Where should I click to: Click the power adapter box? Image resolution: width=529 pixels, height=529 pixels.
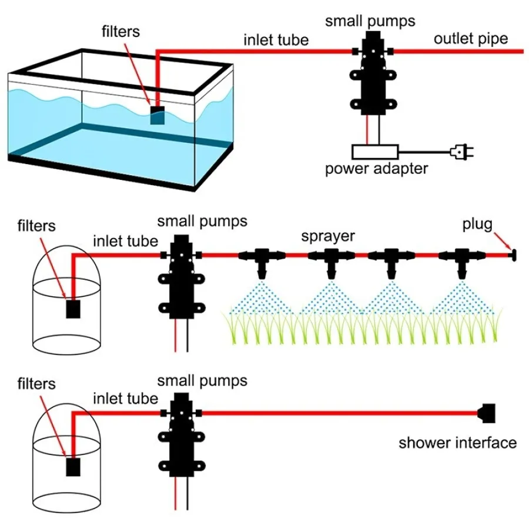click(375, 152)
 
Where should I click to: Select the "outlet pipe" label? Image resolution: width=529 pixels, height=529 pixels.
click(471, 39)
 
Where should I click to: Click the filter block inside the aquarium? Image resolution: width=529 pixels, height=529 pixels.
click(158, 115)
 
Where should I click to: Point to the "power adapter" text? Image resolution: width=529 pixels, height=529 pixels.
click(377, 169)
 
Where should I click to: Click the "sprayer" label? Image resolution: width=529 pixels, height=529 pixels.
click(328, 236)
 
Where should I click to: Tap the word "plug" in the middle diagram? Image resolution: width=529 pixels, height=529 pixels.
click(477, 225)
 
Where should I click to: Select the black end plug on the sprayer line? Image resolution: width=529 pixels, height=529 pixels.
click(513, 255)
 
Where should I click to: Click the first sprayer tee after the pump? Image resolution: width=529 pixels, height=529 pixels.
click(262, 259)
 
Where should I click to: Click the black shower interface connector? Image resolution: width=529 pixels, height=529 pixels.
click(488, 413)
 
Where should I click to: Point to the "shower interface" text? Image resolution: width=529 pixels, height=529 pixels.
click(458, 443)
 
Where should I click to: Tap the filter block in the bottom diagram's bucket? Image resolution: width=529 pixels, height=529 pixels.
click(72, 467)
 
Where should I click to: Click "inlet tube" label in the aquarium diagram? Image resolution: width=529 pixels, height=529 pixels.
click(276, 41)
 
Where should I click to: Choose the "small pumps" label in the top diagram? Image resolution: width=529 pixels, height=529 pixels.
click(370, 21)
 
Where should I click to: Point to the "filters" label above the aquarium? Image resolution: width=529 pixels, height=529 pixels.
click(120, 31)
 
